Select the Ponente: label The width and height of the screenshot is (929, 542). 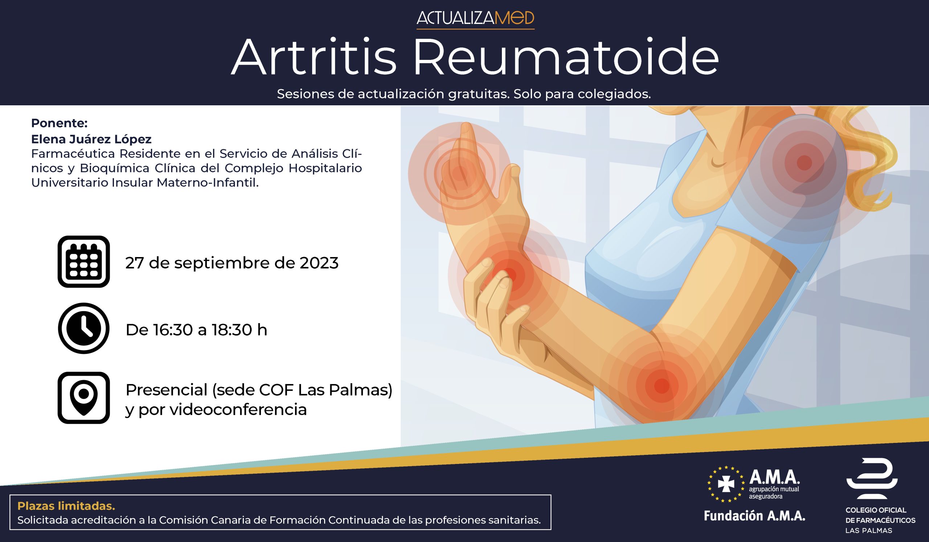(59, 123)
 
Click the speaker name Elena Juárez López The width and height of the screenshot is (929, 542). (91, 139)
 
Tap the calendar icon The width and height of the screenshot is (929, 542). (84, 261)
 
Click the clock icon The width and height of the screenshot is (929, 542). (84, 328)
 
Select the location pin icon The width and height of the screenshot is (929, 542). (84, 398)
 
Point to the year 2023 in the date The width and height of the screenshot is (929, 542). (319, 263)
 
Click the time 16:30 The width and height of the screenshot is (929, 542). (173, 330)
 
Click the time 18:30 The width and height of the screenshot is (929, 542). (232, 330)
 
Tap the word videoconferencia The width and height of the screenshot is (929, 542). (238, 409)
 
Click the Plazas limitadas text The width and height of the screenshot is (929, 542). (66, 506)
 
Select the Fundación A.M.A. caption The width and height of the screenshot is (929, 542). (754, 516)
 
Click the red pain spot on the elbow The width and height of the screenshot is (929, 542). (661, 386)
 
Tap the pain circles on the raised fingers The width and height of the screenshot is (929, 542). (459, 173)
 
